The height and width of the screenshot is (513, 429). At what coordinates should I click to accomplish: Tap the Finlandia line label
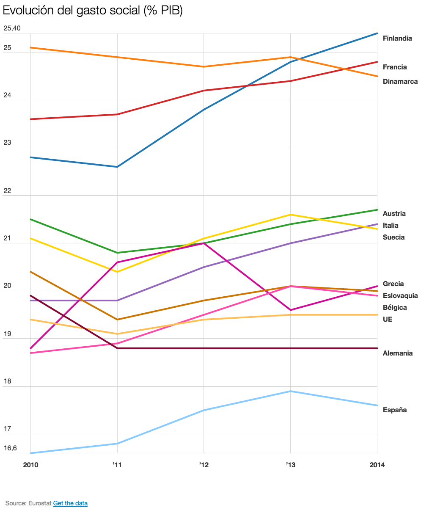point(397,39)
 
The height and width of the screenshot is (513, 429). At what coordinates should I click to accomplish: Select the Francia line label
point(394,67)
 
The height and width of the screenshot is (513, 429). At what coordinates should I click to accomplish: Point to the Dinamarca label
point(400,82)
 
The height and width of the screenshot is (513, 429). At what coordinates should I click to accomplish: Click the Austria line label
point(394,214)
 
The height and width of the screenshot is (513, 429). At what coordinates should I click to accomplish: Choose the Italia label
point(390,226)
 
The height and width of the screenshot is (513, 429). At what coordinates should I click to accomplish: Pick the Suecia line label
point(393,237)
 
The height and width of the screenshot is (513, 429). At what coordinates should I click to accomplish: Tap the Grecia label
point(393,284)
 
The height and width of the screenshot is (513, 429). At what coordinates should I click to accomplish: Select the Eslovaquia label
point(400,296)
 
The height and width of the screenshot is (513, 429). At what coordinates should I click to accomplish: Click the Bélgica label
point(394,308)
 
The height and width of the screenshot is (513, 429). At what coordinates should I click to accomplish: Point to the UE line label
point(387,320)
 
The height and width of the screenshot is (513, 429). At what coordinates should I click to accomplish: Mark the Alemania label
point(397,353)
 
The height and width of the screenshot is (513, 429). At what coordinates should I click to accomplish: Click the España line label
point(394,410)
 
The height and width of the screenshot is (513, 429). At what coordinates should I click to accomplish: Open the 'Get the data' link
point(70,503)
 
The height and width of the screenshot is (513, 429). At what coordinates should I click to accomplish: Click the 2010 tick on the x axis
point(30,465)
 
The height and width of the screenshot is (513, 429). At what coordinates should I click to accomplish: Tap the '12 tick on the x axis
point(203,465)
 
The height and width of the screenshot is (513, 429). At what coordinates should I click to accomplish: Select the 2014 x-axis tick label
point(377,465)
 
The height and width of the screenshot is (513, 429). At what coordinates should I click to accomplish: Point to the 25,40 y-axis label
point(12,28)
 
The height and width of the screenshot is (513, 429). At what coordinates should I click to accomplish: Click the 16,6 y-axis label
point(10,448)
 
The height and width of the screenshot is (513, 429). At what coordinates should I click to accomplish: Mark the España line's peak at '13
point(290,391)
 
